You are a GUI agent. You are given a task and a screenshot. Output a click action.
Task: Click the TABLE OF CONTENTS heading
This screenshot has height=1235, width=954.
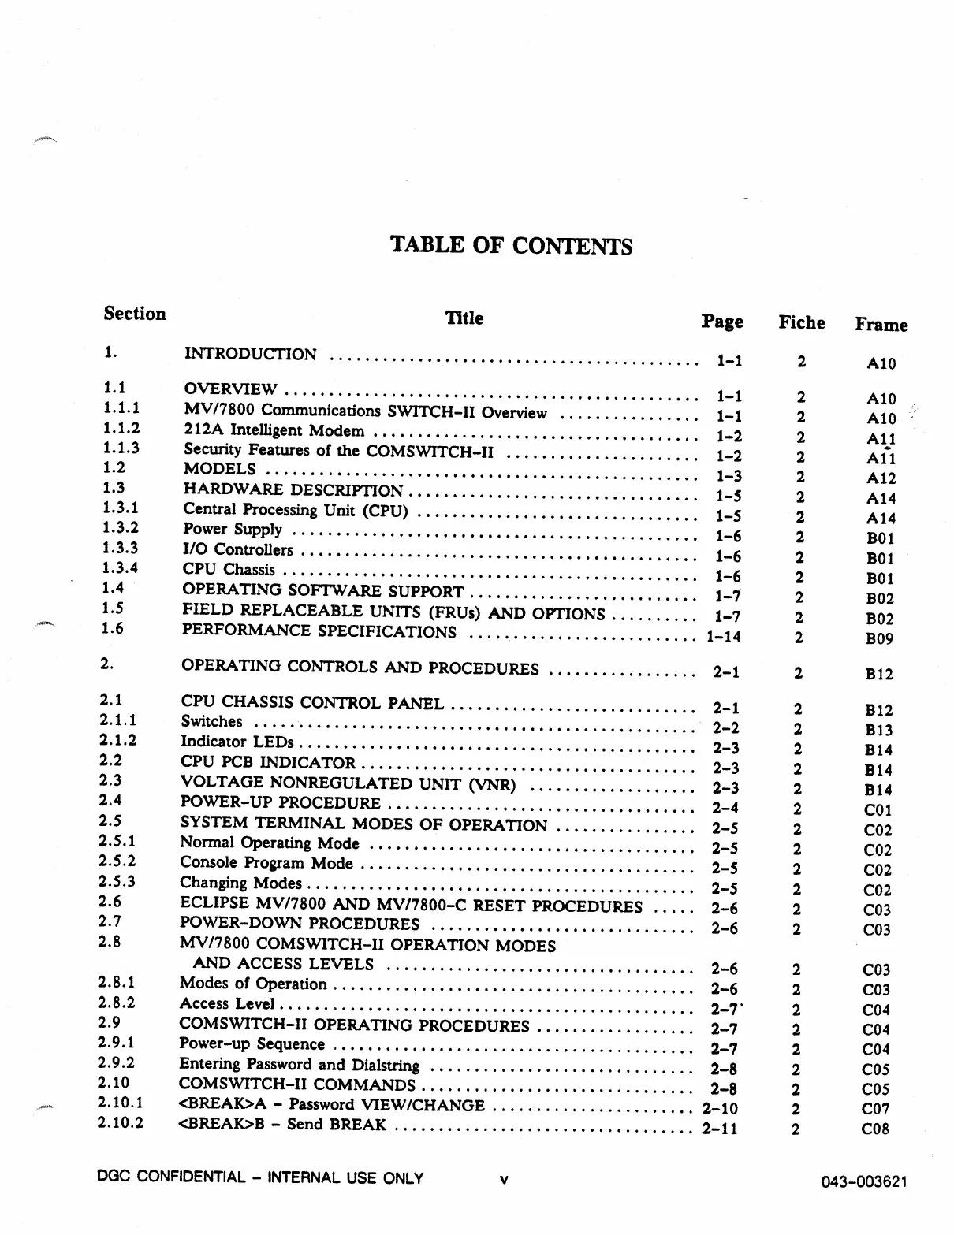point(511,246)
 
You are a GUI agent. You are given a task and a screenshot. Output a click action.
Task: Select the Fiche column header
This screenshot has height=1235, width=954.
point(801,322)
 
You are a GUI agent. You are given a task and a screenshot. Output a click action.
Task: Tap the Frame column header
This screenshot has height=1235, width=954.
point(881,325)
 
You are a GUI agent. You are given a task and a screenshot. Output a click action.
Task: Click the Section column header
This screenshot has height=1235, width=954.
point(135,314)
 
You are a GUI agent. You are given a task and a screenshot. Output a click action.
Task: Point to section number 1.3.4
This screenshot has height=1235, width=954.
point(121,567)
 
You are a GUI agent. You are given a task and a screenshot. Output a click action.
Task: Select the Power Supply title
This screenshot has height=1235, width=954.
point(233,530)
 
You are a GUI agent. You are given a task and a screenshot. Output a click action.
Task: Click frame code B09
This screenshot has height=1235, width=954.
point(879,639)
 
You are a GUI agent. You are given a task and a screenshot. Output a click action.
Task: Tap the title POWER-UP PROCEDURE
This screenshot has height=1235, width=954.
point(281,803)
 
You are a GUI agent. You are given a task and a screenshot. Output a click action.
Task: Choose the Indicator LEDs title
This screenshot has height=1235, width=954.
point(237,742)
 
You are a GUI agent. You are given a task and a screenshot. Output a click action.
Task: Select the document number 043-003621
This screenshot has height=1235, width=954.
point(864,1181)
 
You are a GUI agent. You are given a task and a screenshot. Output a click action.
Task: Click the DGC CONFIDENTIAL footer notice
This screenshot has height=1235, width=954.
point(260,1178)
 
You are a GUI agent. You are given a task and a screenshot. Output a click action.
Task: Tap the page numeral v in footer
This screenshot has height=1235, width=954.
point(503,1180)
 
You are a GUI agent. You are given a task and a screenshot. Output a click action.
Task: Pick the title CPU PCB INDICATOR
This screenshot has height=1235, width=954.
point(268,762)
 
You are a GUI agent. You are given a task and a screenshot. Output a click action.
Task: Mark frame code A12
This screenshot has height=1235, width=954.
point(881,478)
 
